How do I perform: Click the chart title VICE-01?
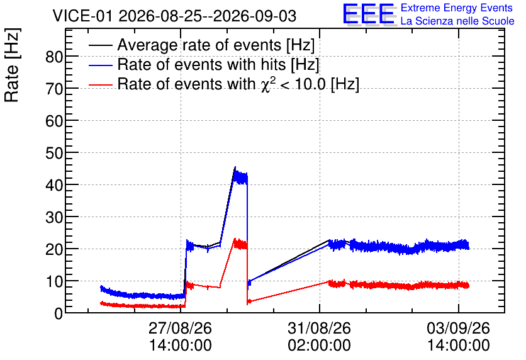click(82, 16)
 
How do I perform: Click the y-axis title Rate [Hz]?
click(12, 65)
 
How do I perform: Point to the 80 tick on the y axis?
click(54, 57)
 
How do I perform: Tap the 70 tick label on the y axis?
click(54, 89)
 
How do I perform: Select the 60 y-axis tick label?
click(54, 121)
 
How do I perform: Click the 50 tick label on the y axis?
click(54, 154)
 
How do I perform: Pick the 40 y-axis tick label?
click(54, 186)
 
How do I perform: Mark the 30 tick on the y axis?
click(54, 217)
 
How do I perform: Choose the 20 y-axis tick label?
click(54, 250)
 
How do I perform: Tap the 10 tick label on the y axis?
click(54, 281)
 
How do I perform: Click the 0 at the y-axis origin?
click(59, 313)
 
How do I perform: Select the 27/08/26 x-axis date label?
click(180, 328)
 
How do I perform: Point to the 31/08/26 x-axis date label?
click(320, 328)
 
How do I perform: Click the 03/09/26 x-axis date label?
click(458, 328)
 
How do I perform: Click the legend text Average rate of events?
click(199, 45)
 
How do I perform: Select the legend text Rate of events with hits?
click(201, 64)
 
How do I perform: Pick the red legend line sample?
click(100, 84)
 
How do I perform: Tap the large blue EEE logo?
click(369, 14)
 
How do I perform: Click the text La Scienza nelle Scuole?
click(457, 21)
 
